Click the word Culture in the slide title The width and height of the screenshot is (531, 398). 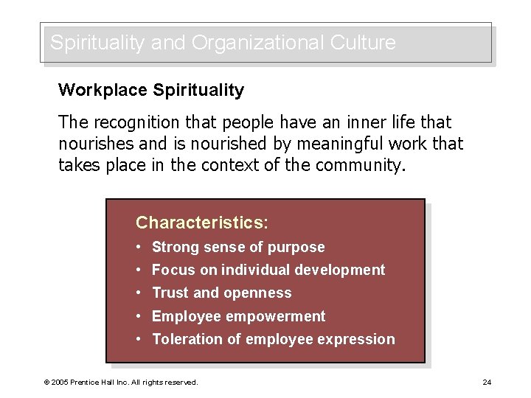[x=362, y=43]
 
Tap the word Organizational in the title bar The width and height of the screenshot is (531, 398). [x=254, y=43]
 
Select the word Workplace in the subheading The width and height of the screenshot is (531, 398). [x=103, y=91]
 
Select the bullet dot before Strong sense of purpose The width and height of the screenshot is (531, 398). [x=139, y=248]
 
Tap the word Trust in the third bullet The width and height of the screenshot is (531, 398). [x=170, y=293]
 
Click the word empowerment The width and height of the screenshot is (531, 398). [x=276, y=316]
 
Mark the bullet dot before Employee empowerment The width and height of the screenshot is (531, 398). [x=139, y=316]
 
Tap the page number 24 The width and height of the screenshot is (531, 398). [x=487, y=382]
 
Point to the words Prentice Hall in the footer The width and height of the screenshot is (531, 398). [x=94, y=382]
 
